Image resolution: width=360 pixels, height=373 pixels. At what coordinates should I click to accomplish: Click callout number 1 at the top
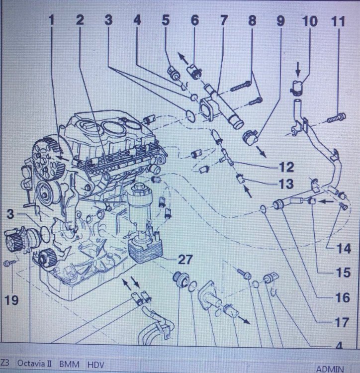click(52, 21)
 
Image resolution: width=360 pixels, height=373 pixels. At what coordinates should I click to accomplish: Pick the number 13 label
click(286, 185)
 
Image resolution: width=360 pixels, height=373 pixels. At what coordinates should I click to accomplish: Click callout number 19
click(11, 299)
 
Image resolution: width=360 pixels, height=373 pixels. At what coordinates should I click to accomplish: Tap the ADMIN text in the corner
click(330, 369)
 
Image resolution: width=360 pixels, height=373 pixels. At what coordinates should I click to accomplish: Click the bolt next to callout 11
click(337, 118)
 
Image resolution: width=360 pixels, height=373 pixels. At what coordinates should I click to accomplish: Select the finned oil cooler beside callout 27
click(143, 248)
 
